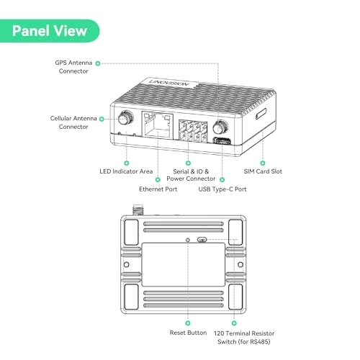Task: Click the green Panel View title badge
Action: tap(50, 30)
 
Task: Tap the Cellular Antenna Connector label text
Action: tap(74, 122)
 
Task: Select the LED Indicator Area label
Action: tap(126, 171)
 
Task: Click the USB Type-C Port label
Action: tap(222, 189)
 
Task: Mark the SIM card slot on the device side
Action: tap(260, 114)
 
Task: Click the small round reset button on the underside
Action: tap(189, 239)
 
